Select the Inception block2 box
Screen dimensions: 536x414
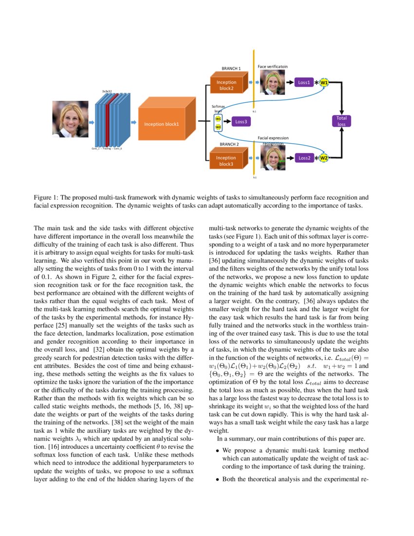tap(227, 85)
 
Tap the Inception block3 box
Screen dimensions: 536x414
tap(227, 161)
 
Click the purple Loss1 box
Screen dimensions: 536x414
tap(304, 83)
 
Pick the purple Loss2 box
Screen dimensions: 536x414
tap(304, 158)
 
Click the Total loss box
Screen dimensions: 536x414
tap(341, 121)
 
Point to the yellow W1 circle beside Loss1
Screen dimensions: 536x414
tap(324, 83)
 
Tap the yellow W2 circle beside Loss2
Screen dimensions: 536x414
tap(324, 158)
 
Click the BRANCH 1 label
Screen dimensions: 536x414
tap(231, 69)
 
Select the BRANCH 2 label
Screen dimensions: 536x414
tap(229, 144)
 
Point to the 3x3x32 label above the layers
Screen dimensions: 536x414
tap(107, 91)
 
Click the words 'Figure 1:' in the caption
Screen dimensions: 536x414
tap(45, 198)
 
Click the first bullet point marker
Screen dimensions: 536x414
tap(217, 451)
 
